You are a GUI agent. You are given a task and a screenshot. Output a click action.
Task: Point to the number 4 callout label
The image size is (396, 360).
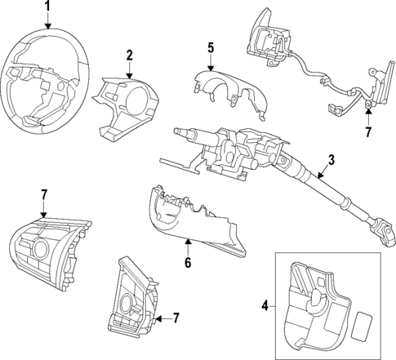pos(264,306)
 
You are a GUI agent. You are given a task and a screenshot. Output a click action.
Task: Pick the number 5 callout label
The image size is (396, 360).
pos(210,48)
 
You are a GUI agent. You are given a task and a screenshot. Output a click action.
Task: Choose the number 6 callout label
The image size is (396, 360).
pos(186,263)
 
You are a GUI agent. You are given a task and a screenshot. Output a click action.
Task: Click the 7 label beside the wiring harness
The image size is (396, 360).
pos(368,131)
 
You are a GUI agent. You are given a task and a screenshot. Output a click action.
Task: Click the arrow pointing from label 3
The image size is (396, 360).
pos(315,172)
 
